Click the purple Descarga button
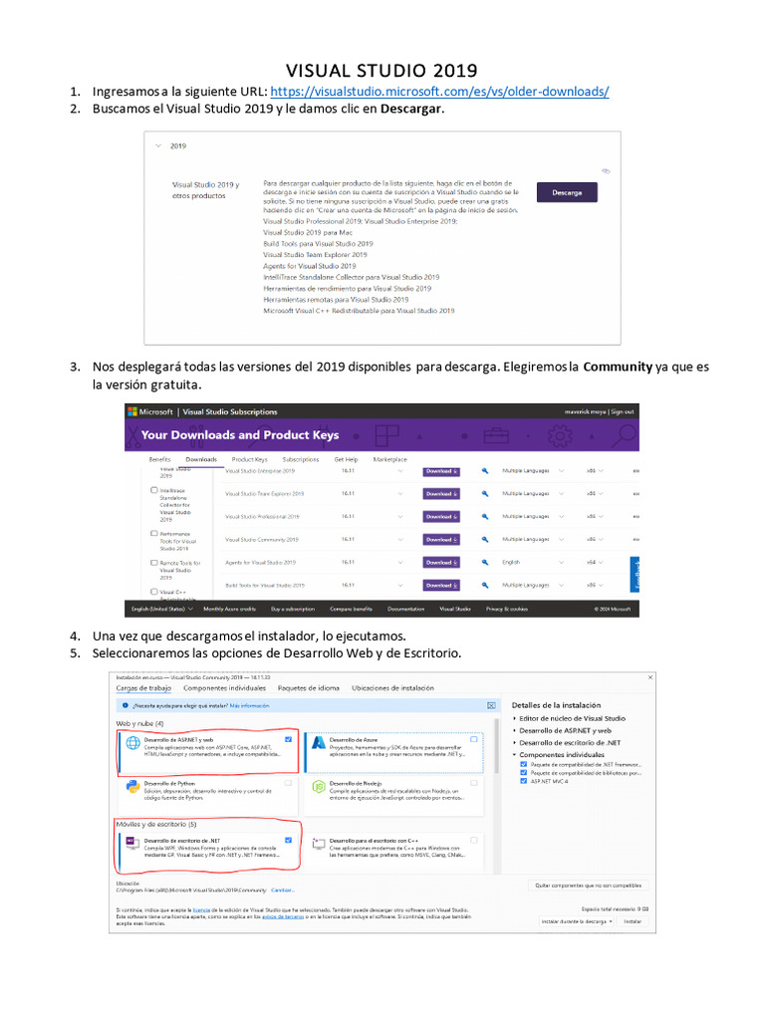[567, 192]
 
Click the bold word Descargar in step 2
[410, 109]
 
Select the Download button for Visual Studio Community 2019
[441, 539]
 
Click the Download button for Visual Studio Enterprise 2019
[441, 470]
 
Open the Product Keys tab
[249, 459]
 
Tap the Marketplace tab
[389, 459]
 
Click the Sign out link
[622, 411]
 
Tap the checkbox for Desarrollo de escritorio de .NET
[288, 840]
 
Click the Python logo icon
[131, 787]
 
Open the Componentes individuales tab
[224, 688]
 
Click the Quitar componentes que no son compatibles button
[587, 886]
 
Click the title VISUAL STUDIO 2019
[382, 71]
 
